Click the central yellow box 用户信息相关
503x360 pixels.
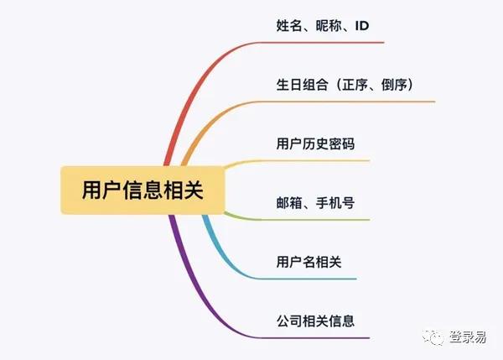pos(143,190)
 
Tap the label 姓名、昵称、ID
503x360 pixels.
pos(323,26)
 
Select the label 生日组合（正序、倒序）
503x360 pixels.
pos(345,85)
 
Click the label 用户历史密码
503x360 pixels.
pos(316,143)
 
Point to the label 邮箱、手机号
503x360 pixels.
pos(316,203)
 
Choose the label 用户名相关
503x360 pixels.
pos(309,262)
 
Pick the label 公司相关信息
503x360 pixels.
pos(316,321)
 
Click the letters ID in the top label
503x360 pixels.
pos(362,26)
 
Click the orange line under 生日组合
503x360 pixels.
pos(257,102)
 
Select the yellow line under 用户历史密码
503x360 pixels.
pos(298,160)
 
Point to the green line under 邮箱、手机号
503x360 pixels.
pos(298,220)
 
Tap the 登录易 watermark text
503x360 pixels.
pos(468,337)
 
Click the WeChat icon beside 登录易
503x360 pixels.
pos(433,337)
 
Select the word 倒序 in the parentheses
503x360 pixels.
pos(394,85)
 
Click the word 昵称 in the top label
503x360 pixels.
pos(329,26)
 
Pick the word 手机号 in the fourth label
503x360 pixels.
pos(335,203)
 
